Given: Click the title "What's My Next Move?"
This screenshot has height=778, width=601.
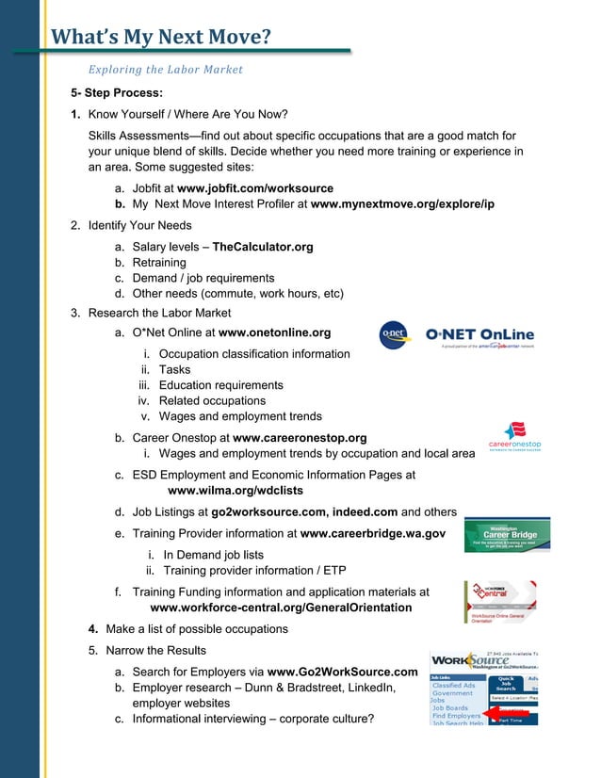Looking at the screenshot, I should pos(160,38).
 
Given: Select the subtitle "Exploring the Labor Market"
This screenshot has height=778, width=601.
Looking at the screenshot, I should pos(165,70).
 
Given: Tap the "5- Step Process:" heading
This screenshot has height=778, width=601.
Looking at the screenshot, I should pos(117,93).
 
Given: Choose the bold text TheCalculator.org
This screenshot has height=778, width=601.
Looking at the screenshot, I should pos(263,247).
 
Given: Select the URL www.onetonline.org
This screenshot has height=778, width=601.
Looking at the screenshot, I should pos(274,332).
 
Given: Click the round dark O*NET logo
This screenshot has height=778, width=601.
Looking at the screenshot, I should pos(394,334).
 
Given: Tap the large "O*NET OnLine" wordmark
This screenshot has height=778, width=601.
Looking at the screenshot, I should pos(479,334).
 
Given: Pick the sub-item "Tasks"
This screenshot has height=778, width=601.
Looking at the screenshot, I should pos(174,370).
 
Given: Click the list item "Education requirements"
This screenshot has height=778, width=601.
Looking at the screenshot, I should pos(220,385).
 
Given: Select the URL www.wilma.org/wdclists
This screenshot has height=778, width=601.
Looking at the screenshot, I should pos(235,491).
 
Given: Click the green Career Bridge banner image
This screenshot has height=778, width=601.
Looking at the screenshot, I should pos(508,536).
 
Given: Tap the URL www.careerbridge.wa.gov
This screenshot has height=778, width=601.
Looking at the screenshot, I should pos(372,533).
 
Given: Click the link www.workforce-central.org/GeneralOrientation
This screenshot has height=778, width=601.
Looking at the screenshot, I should pos(274,608).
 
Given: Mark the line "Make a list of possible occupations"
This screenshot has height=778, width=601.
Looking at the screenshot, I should pos(197,628).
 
